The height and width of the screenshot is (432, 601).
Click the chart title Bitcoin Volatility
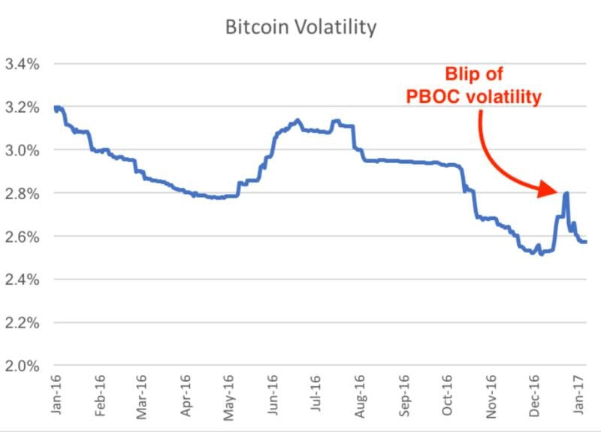coord(300,28)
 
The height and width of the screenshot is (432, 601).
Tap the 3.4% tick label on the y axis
coord(22,64)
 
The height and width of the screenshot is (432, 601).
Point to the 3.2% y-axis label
coord(22,107)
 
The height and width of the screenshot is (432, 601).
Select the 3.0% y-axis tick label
coord(22,150)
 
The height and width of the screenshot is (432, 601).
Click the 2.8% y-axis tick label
coord(22,194)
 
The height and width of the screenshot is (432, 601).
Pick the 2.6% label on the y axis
coord(22,237)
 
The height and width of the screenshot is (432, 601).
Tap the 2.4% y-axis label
coord(22,280)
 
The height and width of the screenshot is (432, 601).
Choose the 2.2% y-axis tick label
coord(22,323)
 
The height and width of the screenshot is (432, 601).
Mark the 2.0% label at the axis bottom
coord(22,367)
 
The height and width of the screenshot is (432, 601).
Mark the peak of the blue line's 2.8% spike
coord(566,193)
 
